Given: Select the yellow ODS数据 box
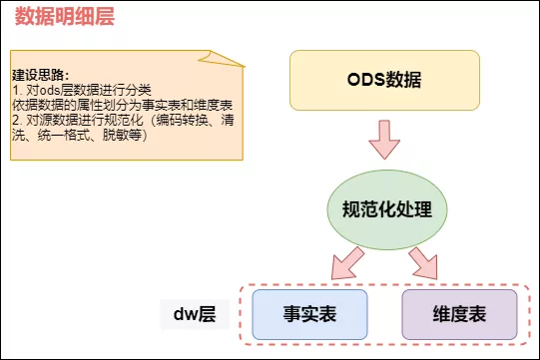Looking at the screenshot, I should point(384,79).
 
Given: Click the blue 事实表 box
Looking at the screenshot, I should point(309,314).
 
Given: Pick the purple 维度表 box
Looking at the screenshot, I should point(459,314).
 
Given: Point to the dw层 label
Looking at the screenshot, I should point(196,315).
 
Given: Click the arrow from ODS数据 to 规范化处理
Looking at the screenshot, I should point(384,141).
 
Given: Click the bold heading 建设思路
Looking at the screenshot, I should point(40,76).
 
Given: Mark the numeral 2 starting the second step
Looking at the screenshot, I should point(15,119).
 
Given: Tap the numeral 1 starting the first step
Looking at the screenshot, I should point(15,89).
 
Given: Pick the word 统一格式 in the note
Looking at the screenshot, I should point(71,134).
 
